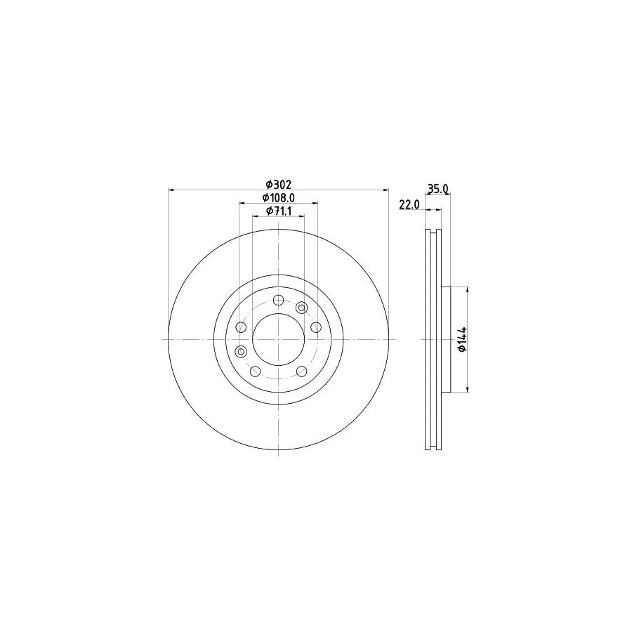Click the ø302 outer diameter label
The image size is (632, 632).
point(278,184)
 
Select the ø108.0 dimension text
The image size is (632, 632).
point(278,198)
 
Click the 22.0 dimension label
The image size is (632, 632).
point(409,204)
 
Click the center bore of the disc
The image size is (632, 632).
point(278,339)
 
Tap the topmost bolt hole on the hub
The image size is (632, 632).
point(278,301)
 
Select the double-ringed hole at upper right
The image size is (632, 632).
point(302,307)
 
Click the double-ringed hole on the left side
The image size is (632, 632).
point(241,351)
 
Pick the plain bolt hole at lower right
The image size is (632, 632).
point(301,371)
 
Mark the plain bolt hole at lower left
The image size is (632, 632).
point(256,371)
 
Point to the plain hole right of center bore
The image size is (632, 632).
point(315,327)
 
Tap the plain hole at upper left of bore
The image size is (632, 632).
point(242,327)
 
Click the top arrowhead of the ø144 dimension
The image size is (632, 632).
point(467,290)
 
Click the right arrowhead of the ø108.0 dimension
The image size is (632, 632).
point(315,204)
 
